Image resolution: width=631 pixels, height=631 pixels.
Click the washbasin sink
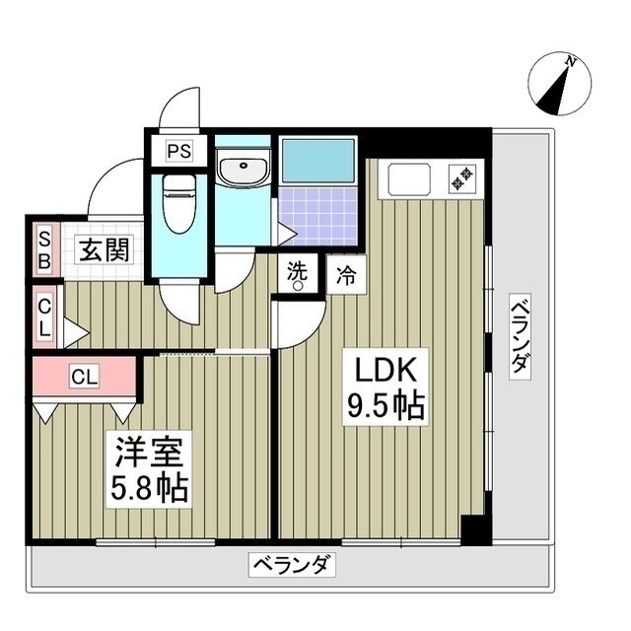tap(242, 170)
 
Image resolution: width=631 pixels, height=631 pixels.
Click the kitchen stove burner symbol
tap(460, 178)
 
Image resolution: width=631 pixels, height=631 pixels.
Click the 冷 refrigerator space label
tap(345, 275)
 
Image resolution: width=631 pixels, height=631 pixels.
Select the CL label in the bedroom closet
tap(84, 376)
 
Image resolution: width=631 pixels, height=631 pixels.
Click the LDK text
tap(385, 372)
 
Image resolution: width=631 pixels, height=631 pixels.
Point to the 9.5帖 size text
tap(385, 407)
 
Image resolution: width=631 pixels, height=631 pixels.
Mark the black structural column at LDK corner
tap(474, 529)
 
